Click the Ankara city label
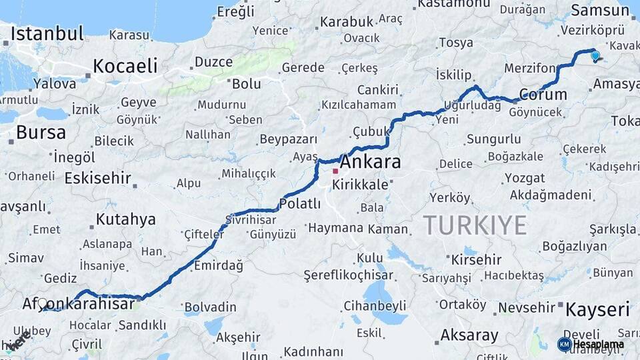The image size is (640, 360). click(371, 162)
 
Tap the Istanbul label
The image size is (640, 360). click(47, 33)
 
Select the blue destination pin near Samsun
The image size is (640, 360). click(595, 57)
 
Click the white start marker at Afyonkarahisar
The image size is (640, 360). click(43, 303)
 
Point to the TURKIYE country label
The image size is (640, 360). click(475, 225)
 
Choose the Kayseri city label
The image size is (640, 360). click(597, 309)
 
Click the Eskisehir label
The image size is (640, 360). click(97, 178)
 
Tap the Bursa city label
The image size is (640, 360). click(41, 132)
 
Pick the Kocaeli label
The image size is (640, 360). click(125, 66)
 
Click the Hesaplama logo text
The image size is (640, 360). click(599, 345)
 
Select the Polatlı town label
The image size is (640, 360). click(300, 204)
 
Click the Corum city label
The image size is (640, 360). click(543, 95)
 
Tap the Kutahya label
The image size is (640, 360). click(125, 219)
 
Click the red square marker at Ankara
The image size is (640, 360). click(335, 171)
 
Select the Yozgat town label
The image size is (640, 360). click(524, 178)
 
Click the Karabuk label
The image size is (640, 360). click(347, 22)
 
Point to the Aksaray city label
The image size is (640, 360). click(469, 335)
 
